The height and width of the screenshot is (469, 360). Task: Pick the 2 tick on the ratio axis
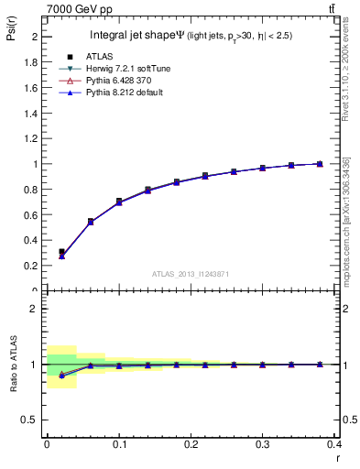[x=38, y=309]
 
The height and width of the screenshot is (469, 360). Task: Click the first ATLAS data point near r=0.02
[x=61, y=251]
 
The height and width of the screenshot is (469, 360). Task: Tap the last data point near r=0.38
[x=320, y=164]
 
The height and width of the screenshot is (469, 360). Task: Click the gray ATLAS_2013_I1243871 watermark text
[x=191, y=275]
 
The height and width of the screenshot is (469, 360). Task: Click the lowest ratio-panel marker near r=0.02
[x=61, y=376]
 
